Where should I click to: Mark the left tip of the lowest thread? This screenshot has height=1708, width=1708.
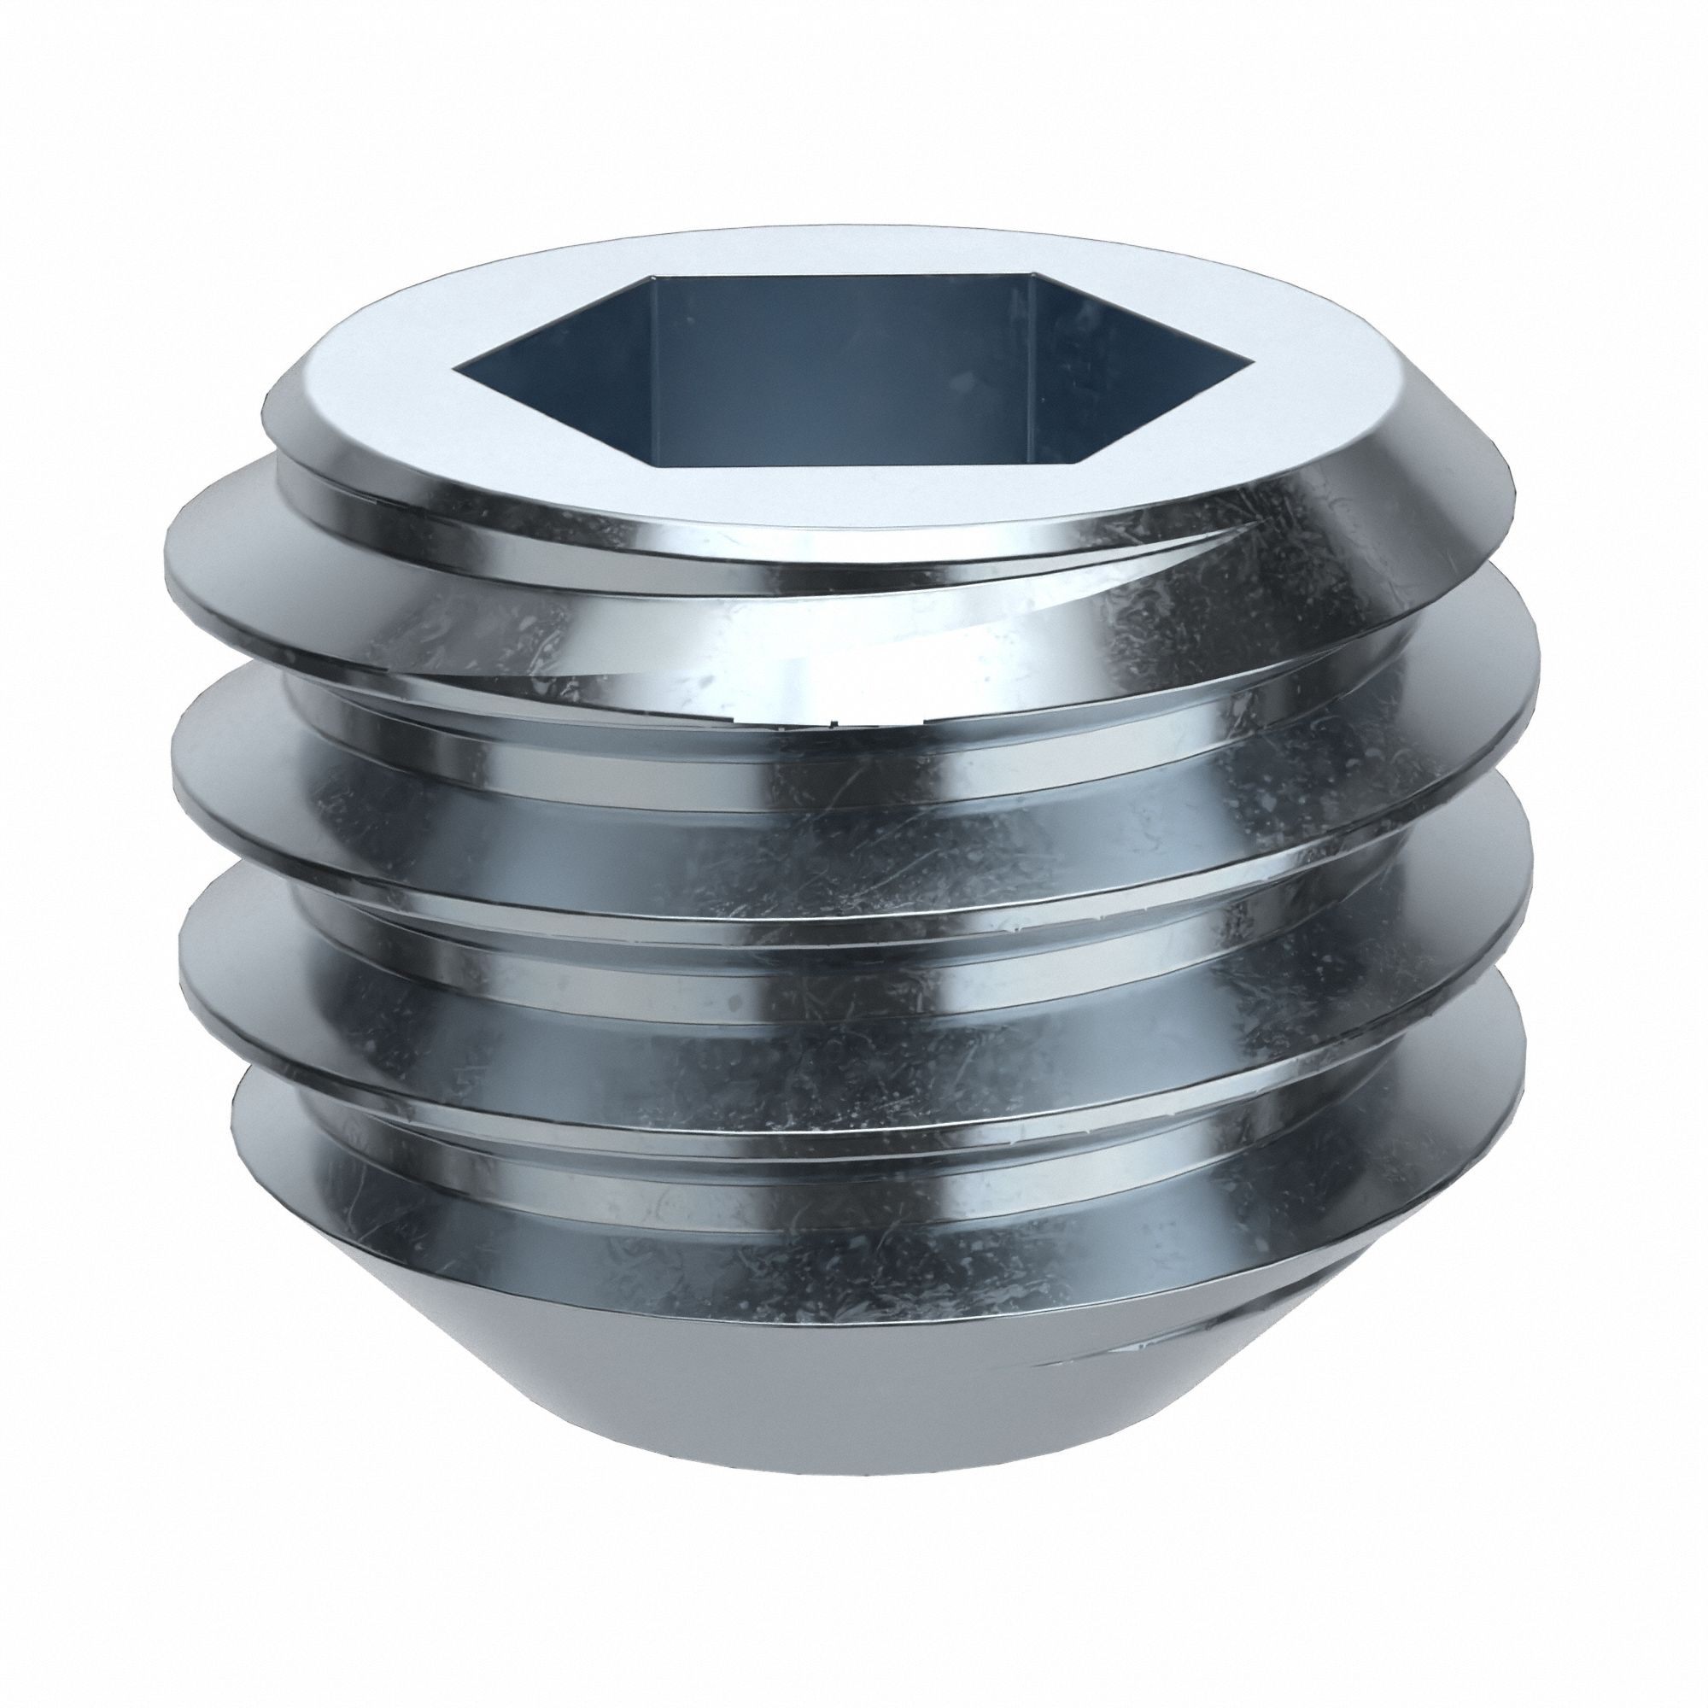pyautogui.click(x=231, y=1123)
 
